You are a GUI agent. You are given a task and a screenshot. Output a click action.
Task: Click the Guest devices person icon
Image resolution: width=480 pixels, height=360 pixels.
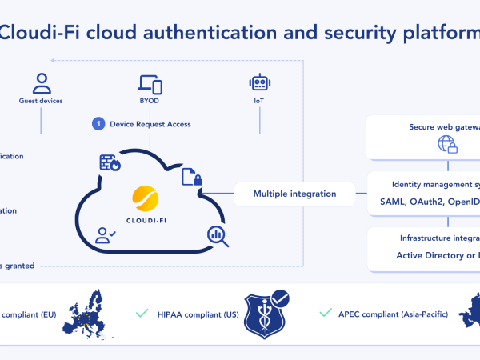[x=41, y=83]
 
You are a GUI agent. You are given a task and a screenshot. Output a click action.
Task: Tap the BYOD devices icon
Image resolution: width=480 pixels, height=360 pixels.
[x=150, y=84]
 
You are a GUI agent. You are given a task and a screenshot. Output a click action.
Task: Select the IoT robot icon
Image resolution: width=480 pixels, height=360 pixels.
[x=260, y=83]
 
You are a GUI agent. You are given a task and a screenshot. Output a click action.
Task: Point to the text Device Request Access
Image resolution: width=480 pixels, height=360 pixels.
[x=151, y=124]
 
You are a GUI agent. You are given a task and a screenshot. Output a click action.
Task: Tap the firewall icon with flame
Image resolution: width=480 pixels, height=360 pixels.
[x=109, y=163]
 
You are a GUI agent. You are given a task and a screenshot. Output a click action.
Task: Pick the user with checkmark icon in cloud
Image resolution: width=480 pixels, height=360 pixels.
[x=106, y=235]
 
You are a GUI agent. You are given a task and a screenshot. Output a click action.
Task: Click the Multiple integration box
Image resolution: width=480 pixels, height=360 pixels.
[x=294, y=194]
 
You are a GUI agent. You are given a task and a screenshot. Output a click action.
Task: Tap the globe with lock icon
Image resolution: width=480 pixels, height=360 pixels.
[x=446, y=145]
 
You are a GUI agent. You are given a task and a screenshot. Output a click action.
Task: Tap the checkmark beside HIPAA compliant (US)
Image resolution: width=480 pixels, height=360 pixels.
[x=142, y=313]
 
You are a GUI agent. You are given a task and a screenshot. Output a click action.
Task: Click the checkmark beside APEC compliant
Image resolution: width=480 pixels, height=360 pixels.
[x=325, y=313]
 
